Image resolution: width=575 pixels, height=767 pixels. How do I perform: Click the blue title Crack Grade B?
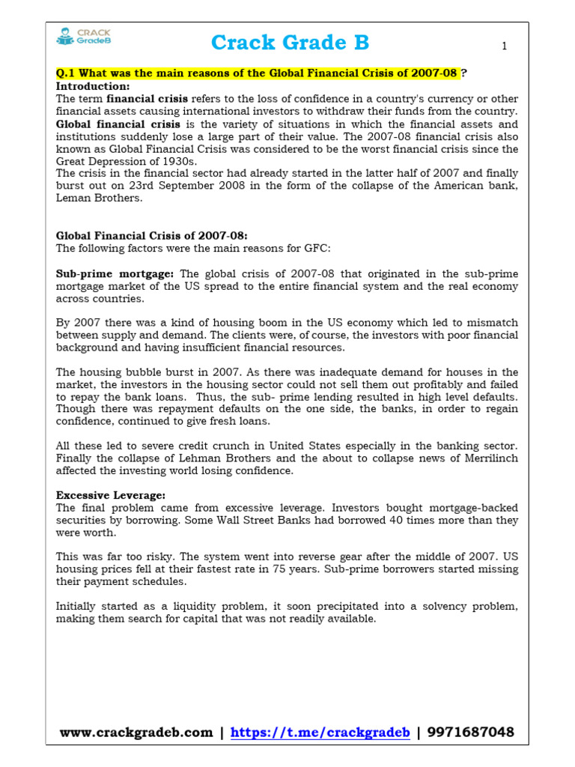pyautogui.click(x=290, y=43)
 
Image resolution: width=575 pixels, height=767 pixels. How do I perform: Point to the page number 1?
pyautogui.click(x=505, y=46)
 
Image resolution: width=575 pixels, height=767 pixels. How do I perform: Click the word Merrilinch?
pyautogui.click(x=485, y=458)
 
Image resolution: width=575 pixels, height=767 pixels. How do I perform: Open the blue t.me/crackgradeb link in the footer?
pyautogui.click(x=320, y=733)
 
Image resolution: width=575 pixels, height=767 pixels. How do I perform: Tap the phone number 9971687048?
pyautogui.click(x=469, y=733)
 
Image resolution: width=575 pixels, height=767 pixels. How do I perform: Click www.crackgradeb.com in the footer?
pyautogui.click(x=136, y=733)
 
